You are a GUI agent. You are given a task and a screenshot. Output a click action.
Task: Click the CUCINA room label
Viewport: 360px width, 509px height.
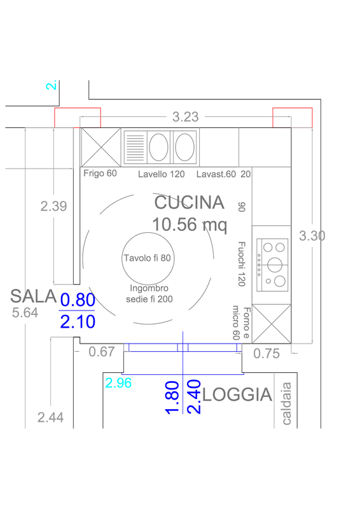click(190, 202)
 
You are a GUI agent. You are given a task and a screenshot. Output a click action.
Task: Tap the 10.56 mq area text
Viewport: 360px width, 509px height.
click(190, 225)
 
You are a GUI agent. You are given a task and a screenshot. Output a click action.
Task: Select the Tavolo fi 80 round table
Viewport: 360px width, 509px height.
click(148, 258)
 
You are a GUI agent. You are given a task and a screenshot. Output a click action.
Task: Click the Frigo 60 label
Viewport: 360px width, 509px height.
click(100, 173)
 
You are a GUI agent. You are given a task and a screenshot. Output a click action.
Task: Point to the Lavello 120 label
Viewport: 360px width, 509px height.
click(162, 174)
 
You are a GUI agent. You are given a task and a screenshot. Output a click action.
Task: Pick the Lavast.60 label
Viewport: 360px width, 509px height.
click(216, 174)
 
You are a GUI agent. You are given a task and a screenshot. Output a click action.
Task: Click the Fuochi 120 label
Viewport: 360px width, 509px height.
click(242, 264)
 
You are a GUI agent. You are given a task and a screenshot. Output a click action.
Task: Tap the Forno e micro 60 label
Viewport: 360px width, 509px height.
click(241, 323)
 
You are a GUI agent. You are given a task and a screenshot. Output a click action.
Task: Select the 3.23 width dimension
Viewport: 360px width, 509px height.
click(185, 117)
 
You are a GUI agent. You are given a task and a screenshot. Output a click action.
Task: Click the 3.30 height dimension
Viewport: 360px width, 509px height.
click(312, 235)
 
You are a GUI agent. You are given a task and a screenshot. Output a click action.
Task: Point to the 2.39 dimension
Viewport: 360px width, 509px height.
click(53, 206)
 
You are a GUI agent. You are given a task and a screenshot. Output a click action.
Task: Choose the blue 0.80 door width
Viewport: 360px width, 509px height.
click(78, 300)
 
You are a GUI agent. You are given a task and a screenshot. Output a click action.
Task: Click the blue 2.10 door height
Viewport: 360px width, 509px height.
click(78, 322)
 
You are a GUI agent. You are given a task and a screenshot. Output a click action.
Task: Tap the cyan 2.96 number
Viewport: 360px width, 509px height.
click(118, 383)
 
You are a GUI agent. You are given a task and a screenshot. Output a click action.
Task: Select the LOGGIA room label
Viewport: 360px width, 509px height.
click(237, 394)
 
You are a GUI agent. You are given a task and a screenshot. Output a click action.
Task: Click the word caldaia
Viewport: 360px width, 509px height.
click(286, 403)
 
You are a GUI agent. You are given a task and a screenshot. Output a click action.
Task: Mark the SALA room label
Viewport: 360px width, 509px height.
click(34, 296)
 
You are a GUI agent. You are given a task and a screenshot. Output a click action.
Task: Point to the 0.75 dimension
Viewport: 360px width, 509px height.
click(267, 354)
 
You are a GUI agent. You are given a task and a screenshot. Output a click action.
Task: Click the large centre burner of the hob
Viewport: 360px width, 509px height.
click(275, 265)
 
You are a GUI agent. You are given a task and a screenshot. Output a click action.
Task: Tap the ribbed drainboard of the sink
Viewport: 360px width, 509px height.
click(135, 148)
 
